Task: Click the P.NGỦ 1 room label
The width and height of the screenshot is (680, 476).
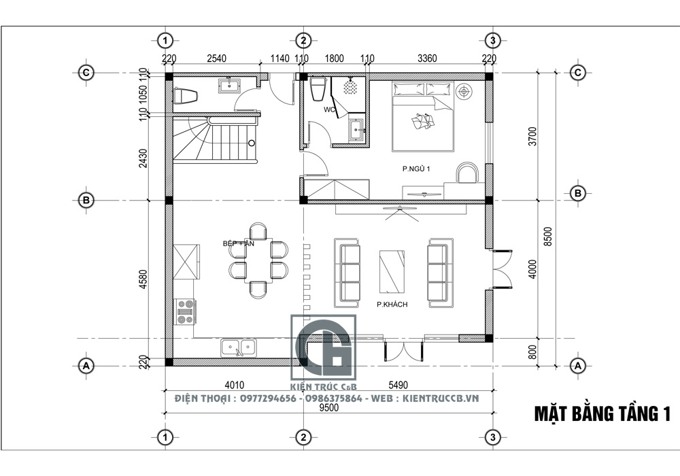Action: [x=416, y=169]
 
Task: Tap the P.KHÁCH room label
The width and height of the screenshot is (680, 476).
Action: [x=392, y=305]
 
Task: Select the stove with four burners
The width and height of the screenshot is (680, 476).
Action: [x=185, y=311]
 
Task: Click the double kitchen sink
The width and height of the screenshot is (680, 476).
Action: [x=239, y=348]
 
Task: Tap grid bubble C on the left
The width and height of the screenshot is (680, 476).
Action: [x=86, y=72]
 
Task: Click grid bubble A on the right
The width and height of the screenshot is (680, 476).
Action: [x=577, y=364]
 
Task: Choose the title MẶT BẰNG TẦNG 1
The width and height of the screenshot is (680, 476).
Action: [x=602, y=413]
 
